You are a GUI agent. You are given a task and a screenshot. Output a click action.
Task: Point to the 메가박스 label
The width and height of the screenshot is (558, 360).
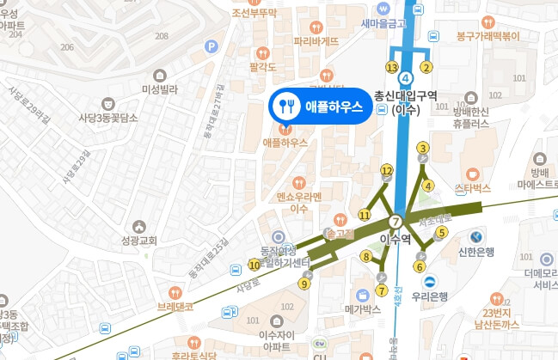point(362,308)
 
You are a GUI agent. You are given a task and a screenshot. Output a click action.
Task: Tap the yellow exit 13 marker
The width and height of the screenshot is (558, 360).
point(392,67)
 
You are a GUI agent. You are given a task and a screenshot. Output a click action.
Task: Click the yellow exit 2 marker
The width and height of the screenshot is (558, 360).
point(425,66)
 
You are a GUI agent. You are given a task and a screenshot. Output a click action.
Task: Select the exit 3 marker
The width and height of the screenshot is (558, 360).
point(422,148)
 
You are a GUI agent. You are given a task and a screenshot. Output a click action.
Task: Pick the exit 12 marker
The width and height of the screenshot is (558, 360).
point(387,171)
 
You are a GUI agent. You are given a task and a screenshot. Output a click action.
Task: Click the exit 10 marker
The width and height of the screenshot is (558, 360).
point(254,265)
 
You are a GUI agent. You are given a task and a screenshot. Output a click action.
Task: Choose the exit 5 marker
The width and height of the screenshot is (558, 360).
point(442,231)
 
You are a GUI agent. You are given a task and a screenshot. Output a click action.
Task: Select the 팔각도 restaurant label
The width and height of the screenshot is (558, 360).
point(261,66)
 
